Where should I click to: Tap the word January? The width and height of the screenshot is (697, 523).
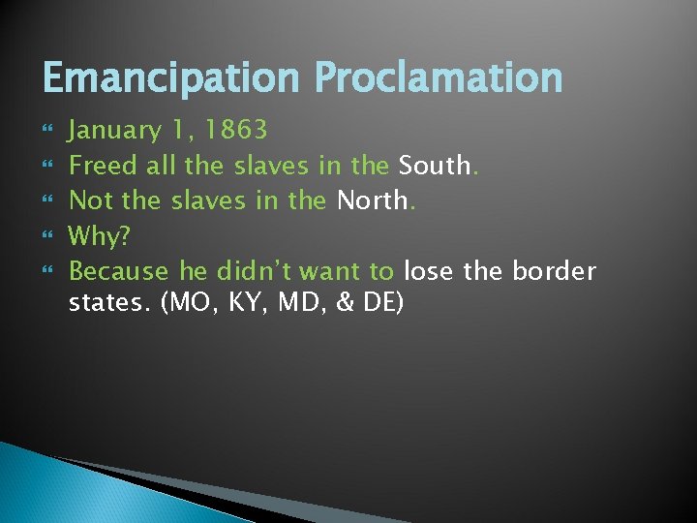tap(115, 131)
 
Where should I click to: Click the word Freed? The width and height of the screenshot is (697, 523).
tap(104, 166)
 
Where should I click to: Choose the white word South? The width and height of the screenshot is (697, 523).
tap(433, 166)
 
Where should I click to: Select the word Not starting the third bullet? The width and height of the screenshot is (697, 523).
tap(92, 200)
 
